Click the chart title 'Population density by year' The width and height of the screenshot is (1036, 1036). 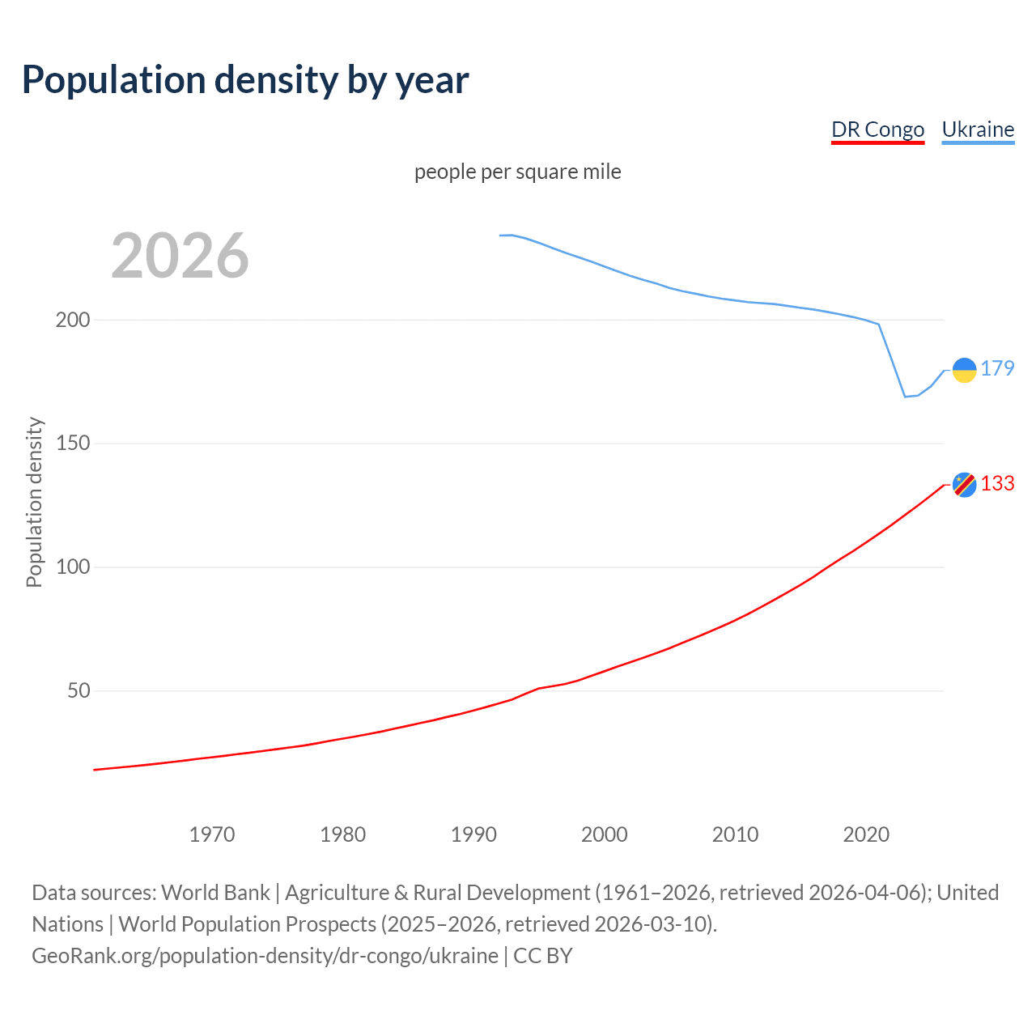tap(245, 79)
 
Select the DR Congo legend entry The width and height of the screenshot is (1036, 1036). tap(877, 129)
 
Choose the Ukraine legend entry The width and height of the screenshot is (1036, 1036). tap(978, 129)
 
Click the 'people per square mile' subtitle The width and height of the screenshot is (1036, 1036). tap(517, 172)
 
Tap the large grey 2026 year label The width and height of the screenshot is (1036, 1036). tap(180, 256)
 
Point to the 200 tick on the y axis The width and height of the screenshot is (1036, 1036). tap(73, 320)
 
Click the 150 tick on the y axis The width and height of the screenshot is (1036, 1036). tap(73, 444)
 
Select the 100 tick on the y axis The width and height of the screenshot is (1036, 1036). tap(73, 567)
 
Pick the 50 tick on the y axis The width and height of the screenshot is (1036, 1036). tap(79, 691)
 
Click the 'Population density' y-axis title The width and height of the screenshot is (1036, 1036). tap(34, 502)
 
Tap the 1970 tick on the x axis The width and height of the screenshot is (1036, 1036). tap(212, 834)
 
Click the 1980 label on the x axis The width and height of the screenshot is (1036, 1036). tap(343, 834)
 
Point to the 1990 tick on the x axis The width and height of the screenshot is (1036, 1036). tap(473, 834)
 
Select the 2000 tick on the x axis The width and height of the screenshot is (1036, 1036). tap(605, 834)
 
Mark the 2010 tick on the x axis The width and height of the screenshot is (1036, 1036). tap(735, 834)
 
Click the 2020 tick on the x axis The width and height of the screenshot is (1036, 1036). tap(866, 834)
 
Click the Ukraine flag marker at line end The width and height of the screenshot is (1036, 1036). tap(964, 370)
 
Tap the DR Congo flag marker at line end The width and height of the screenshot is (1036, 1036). tap(964, 484)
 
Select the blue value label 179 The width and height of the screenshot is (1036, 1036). tap(997, 368)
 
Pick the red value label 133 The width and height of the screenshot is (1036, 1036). tap(997, 483)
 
